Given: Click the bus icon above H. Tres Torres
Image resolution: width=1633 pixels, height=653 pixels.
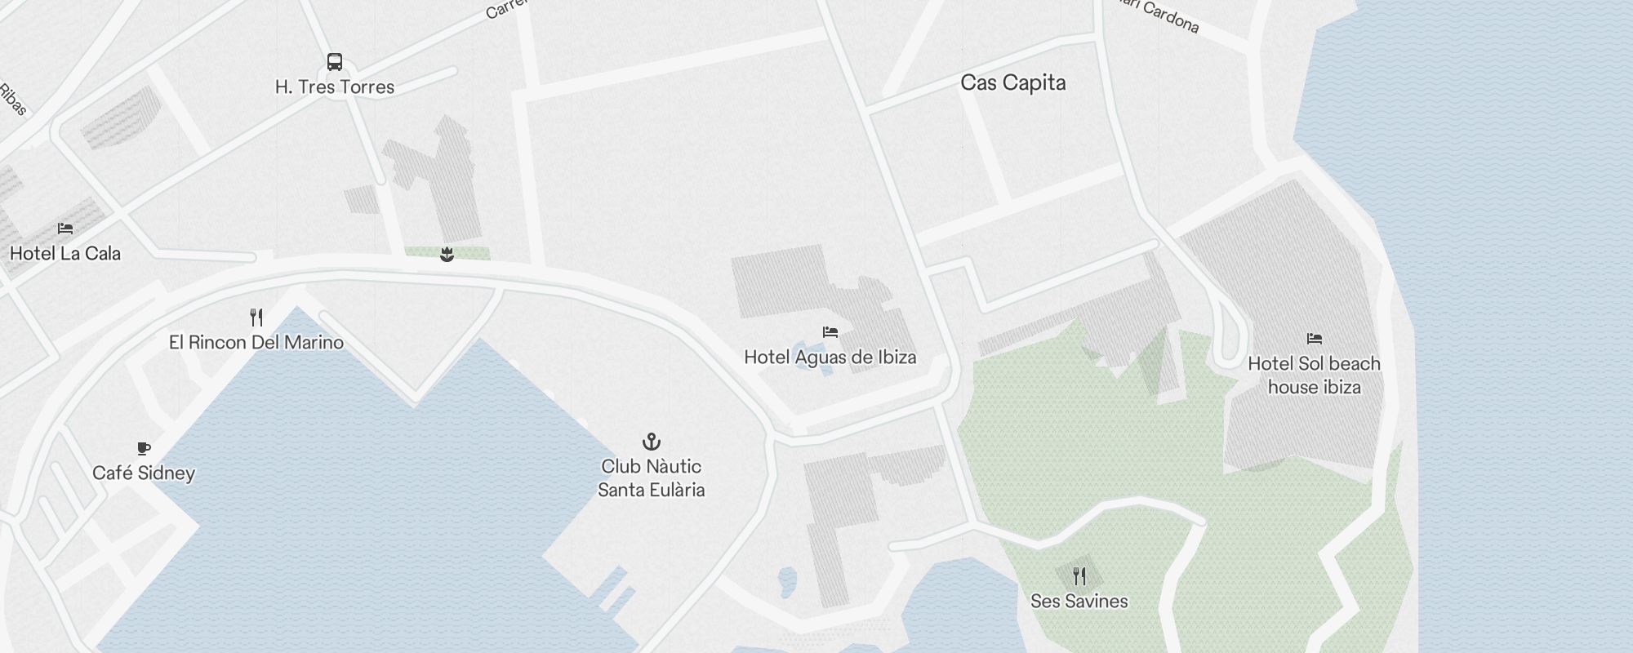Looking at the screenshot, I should point(335,62).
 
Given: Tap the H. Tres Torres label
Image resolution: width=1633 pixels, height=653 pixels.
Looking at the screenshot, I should point(335,87).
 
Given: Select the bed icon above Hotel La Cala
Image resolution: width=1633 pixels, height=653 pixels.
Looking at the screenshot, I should point(65,229).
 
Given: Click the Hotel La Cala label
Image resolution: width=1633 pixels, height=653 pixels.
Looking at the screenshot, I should point(65,254).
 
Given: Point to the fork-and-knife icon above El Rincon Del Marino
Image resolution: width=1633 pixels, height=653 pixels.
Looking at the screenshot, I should point(256,317).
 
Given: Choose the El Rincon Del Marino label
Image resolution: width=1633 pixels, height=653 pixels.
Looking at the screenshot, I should point(256,343).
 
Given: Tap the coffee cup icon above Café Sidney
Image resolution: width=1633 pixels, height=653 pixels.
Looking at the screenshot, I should point(144,448).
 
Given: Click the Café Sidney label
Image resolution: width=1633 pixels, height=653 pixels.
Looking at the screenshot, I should point(144,473).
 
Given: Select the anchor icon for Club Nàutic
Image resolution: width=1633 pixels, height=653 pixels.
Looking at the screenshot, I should point(651,442).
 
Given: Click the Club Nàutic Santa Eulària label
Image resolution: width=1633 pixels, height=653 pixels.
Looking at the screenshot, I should point(651,478).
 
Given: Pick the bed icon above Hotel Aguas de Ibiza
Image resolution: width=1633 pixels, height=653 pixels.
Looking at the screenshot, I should point(830,332).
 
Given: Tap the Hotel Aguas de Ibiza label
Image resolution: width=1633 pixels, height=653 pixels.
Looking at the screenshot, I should point(830,358).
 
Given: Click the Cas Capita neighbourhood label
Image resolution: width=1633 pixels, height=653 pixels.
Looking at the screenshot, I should point(1013,83).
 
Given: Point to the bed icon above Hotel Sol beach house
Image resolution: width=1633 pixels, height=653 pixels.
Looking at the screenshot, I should point(1314,338).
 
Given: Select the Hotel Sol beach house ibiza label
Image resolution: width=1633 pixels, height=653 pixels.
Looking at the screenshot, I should point(1314,375).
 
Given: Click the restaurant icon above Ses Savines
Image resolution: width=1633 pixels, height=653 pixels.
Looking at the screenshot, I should point(1079,576).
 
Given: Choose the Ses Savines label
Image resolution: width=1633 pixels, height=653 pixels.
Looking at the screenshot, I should point(1079,602).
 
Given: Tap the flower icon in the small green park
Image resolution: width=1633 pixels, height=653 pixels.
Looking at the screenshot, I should point(447,255).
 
